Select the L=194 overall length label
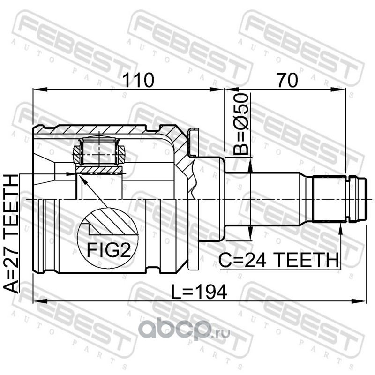click(199, 292)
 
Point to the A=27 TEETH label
click(11, 233)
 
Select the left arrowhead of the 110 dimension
click(40, 89)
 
